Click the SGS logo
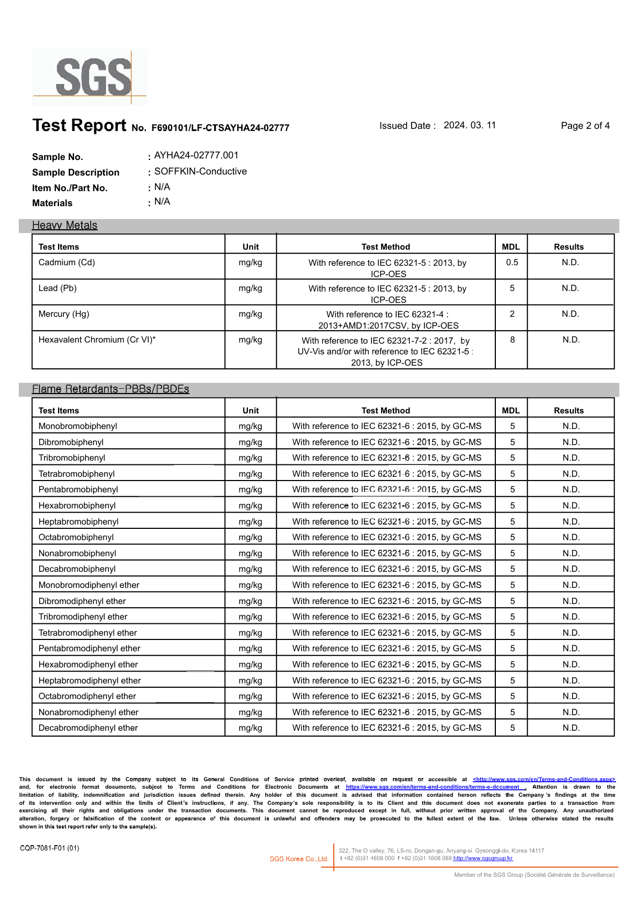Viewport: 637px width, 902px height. (90, 77)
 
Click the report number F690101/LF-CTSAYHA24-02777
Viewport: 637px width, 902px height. (220, 128)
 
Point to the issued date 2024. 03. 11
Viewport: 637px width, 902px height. (470, 125)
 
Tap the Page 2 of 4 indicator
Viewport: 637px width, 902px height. (585, 126)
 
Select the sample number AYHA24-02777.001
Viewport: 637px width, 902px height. (196, 155)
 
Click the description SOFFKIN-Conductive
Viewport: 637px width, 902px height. (200, 171)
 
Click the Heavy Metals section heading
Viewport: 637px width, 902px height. (64, 225)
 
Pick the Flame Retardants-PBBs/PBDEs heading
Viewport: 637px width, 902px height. (111, 389)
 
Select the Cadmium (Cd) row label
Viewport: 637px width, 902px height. (67, 263)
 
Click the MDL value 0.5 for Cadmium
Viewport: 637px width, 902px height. (512, 263)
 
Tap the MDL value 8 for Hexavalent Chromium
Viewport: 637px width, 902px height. (512, 340)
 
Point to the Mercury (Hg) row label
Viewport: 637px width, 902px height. (64, 314)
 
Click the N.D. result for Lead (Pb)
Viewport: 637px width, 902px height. (570, 288)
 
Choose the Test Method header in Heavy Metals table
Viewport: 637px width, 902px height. (385, 247)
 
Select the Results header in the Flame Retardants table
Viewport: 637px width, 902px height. (568, 411)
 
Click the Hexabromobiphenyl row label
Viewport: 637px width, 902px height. (77, 506)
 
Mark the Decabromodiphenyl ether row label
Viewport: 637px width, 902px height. (88, 728)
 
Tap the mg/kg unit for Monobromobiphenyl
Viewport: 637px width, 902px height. (250, 426)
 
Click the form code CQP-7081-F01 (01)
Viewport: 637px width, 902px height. (49, 848)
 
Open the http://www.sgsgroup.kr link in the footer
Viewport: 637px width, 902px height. (483, 859)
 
